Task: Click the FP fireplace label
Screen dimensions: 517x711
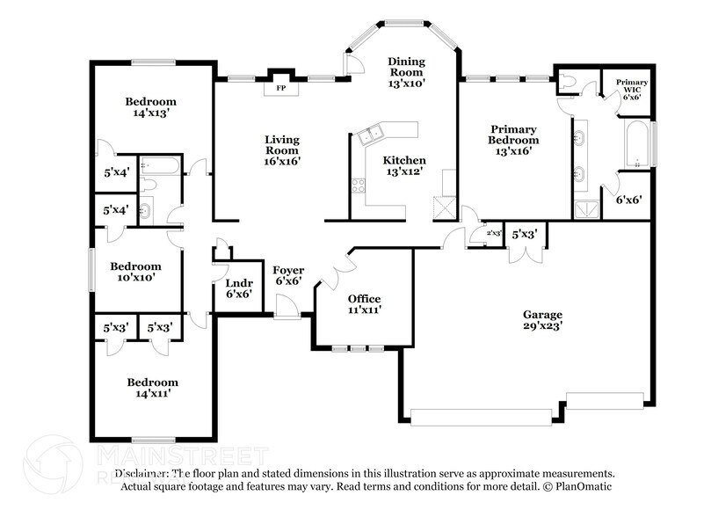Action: (281, 89)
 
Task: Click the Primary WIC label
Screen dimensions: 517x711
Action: (631, 88)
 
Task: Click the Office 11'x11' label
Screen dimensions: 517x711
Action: (363, 304)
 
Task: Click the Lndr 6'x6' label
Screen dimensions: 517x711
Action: (238, 288)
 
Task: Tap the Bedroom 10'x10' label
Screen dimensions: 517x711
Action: (135, 272)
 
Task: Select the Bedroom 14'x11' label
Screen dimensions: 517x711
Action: (152, 388)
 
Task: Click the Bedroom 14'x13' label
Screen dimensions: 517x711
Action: (150, 106)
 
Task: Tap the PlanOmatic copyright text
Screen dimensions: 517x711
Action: (570, 486)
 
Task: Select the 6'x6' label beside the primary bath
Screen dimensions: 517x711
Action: (628, 200)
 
